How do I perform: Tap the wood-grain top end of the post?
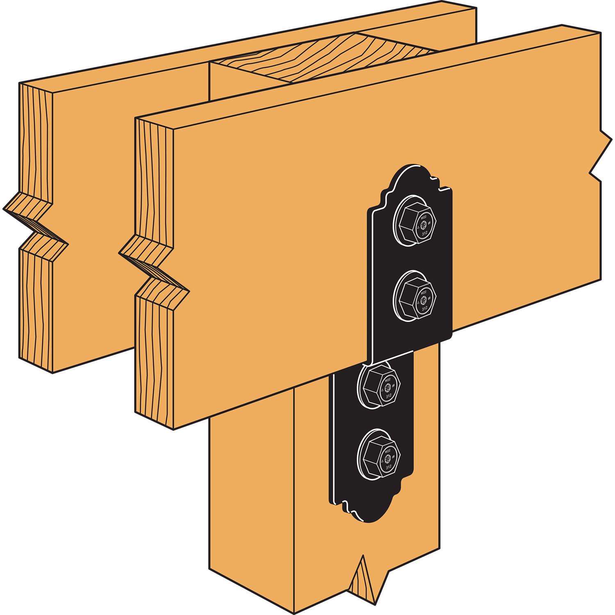click(x=324, y=57)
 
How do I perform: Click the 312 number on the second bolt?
click(x=425, y=308)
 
